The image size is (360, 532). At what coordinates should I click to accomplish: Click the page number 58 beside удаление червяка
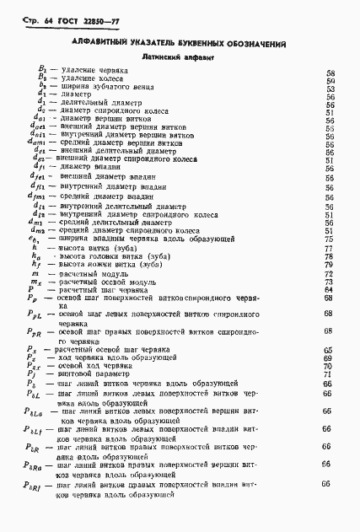coord(330,73)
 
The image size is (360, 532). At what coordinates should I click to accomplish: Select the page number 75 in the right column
coord(330,239)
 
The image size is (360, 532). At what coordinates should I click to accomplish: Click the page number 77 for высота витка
coord(330,249)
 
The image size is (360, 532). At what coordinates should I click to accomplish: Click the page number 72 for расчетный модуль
coord(330,274)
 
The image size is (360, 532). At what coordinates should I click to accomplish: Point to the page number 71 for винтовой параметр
coord(330,373)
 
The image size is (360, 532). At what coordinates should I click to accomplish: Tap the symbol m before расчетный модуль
coord(35,274)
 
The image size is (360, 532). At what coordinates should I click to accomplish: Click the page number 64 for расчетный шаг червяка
coord(330,290)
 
